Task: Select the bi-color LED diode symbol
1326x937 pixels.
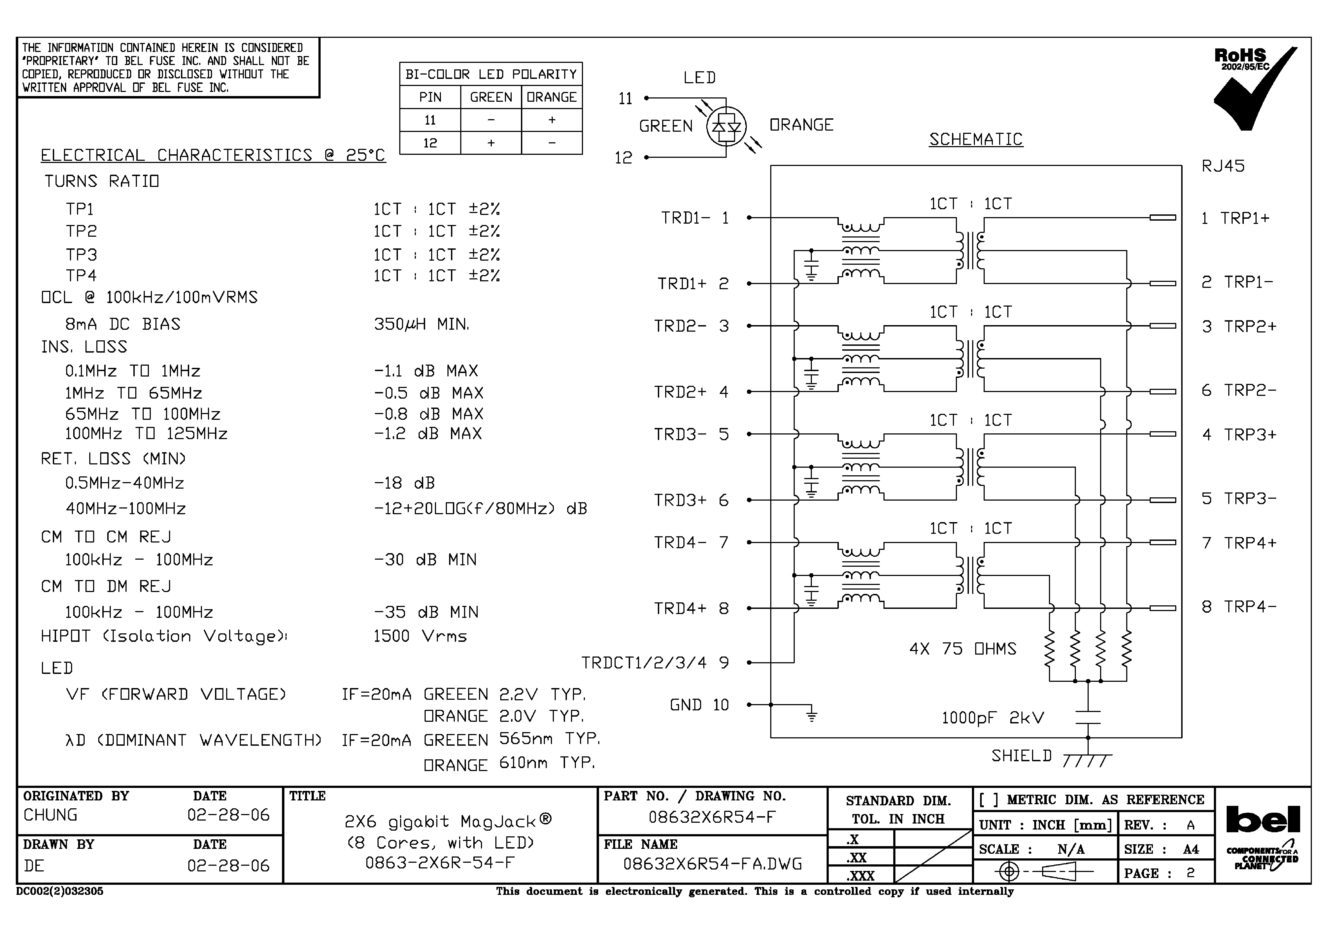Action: click(x=726, y=127)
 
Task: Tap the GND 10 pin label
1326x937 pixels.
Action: click(x=699, y=705)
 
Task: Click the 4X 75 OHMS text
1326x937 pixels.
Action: click(x=963, y=649)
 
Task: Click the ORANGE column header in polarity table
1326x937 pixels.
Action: click(x=551, y=97)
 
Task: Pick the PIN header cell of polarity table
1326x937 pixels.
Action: click(x=430, y=97)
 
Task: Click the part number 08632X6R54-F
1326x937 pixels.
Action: click(x=712, y=817)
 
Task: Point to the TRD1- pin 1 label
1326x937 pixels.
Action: click(x=695, y=218)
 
